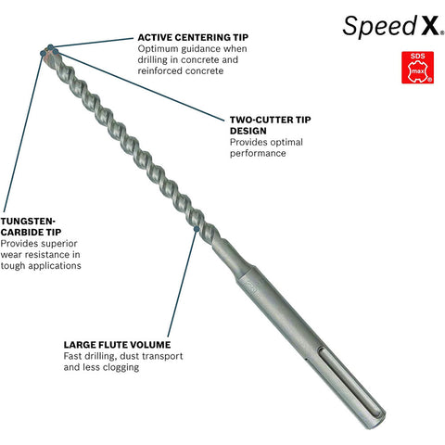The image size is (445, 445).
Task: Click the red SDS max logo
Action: (x=417, y=68)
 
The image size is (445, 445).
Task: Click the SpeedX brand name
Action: (x=393, y=27)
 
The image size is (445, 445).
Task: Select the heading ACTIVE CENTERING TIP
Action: (x=193, y=37)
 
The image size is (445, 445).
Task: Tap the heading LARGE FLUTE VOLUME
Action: (x=117, y=345)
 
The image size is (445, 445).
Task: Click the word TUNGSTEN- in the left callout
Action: (x=28, y=221)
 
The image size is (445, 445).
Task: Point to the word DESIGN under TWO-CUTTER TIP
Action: (x=248, y=131)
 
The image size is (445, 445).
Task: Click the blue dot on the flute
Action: (x=197, y=229)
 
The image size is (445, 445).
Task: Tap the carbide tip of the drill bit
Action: (x=49, y=53)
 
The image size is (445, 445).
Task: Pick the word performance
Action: (x=258, y=154)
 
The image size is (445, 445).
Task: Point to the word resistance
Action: (x=56, y=255)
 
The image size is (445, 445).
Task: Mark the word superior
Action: (x=58, y=244)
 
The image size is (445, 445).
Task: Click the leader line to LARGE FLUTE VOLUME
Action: (x=183, y=283)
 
